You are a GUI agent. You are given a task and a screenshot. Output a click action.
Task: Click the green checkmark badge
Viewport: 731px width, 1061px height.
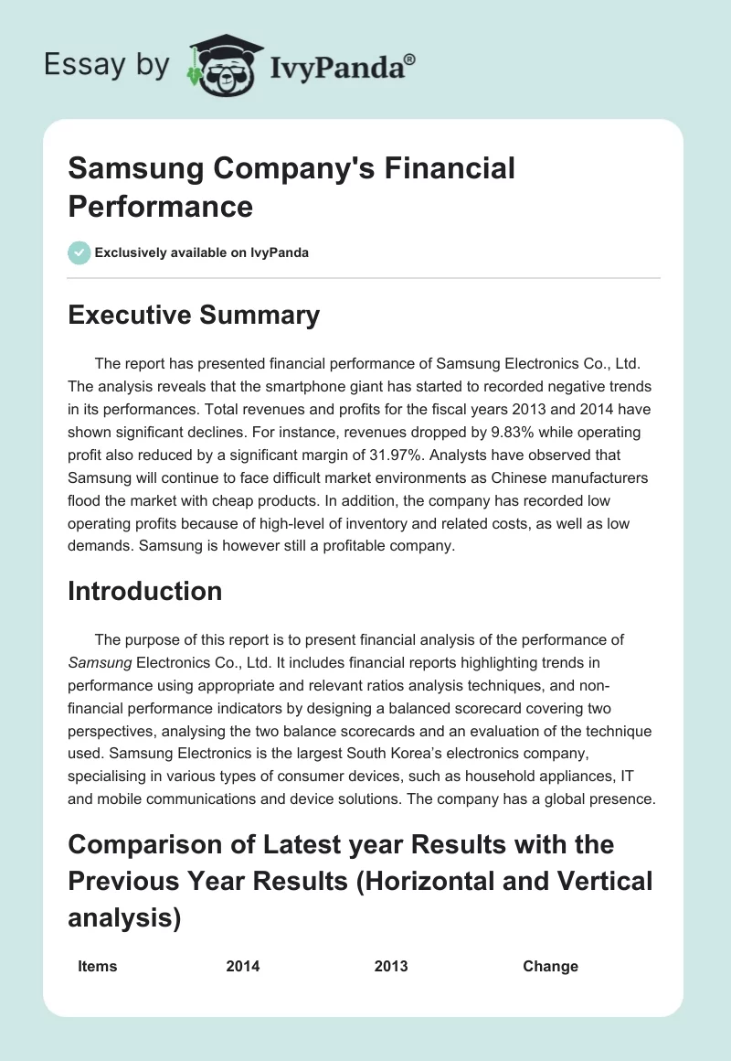pyautogui.click(x=79, y=252)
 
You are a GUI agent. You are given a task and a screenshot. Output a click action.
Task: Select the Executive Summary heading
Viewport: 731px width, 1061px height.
pyautogui.click(x=194, y=316)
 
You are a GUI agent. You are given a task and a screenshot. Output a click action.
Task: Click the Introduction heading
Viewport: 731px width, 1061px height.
pyautogui.click(x=145, y=591)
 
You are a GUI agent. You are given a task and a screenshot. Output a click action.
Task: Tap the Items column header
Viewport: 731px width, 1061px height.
pyautogui.click(x=98, y=966)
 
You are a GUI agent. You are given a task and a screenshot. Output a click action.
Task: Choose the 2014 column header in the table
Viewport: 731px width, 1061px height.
pyautogui.click(x=243, y=966)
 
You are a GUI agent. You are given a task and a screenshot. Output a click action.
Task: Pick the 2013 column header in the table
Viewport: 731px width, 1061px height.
pyautogui.click(x=391, y=966)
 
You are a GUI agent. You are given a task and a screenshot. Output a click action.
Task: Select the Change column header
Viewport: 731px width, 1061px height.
pyautogui.click(x=550, y=966)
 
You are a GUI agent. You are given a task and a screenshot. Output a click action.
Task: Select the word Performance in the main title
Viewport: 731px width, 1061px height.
pyautogui.click(x=160, y=206)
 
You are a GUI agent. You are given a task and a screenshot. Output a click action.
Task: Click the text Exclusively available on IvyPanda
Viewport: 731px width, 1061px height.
pyautogui.click(x=202, y=252)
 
